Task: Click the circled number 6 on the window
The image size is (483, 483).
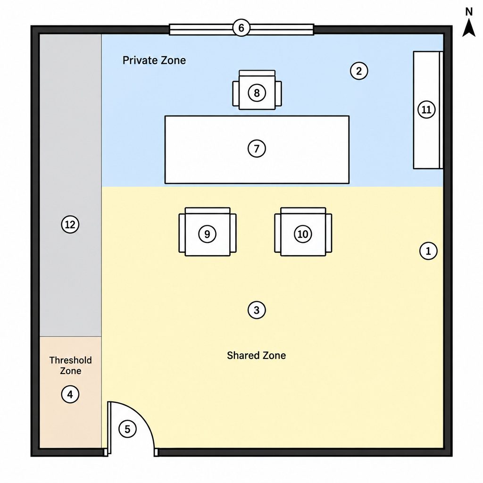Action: (241, 28)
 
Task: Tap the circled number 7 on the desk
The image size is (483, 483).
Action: (257, 149)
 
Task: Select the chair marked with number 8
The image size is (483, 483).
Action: (257, 90)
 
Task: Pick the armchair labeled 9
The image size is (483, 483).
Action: (208, 232)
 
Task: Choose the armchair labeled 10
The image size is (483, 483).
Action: (303, 232)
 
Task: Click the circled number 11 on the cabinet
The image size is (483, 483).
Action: (426, 109)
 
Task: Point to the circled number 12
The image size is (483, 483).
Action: (70, 224)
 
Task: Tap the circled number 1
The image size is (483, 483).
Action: (428, 251)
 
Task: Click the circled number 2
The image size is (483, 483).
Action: (359, 71)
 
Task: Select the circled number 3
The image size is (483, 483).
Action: (257, 310)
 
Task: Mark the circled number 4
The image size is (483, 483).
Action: (70, 394)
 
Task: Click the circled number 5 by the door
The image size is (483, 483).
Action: (127, 429)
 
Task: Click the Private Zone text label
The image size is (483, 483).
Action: (154, 60)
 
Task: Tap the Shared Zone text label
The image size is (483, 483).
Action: (256, 356)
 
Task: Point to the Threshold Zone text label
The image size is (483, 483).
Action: (71, 366)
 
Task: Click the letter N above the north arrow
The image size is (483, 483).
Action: (469, 12)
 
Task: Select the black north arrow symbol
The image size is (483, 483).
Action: (469, 28)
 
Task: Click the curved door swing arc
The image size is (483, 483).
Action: (142, 413)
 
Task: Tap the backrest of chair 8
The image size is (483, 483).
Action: (257, 73)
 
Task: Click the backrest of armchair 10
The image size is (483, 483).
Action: (303, 210)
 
